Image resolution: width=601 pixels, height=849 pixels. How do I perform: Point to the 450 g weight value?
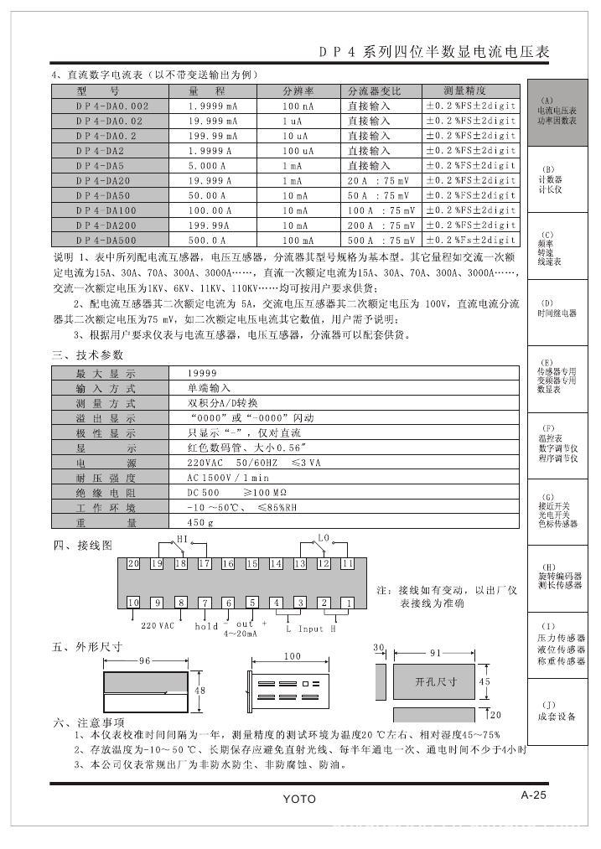click(200, 522)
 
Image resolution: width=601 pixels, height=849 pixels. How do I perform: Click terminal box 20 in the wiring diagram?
click(133, 564)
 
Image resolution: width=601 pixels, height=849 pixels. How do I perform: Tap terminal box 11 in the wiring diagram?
click(347, 564)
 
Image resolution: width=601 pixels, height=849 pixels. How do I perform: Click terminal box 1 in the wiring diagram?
click(347, 603)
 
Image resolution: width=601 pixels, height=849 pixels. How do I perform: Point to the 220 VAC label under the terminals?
click(158, 625)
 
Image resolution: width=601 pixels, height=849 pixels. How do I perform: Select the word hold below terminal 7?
click(206, 626)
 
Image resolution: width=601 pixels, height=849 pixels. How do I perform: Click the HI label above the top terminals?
click(181, 538)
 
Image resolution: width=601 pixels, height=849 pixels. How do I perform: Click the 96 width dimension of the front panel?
click(144, 661)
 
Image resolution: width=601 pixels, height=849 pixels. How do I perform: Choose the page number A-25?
click(534, 796)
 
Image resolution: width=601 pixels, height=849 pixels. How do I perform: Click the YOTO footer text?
click(299, 799)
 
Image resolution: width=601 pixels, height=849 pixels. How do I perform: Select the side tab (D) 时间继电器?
click(557, 309)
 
